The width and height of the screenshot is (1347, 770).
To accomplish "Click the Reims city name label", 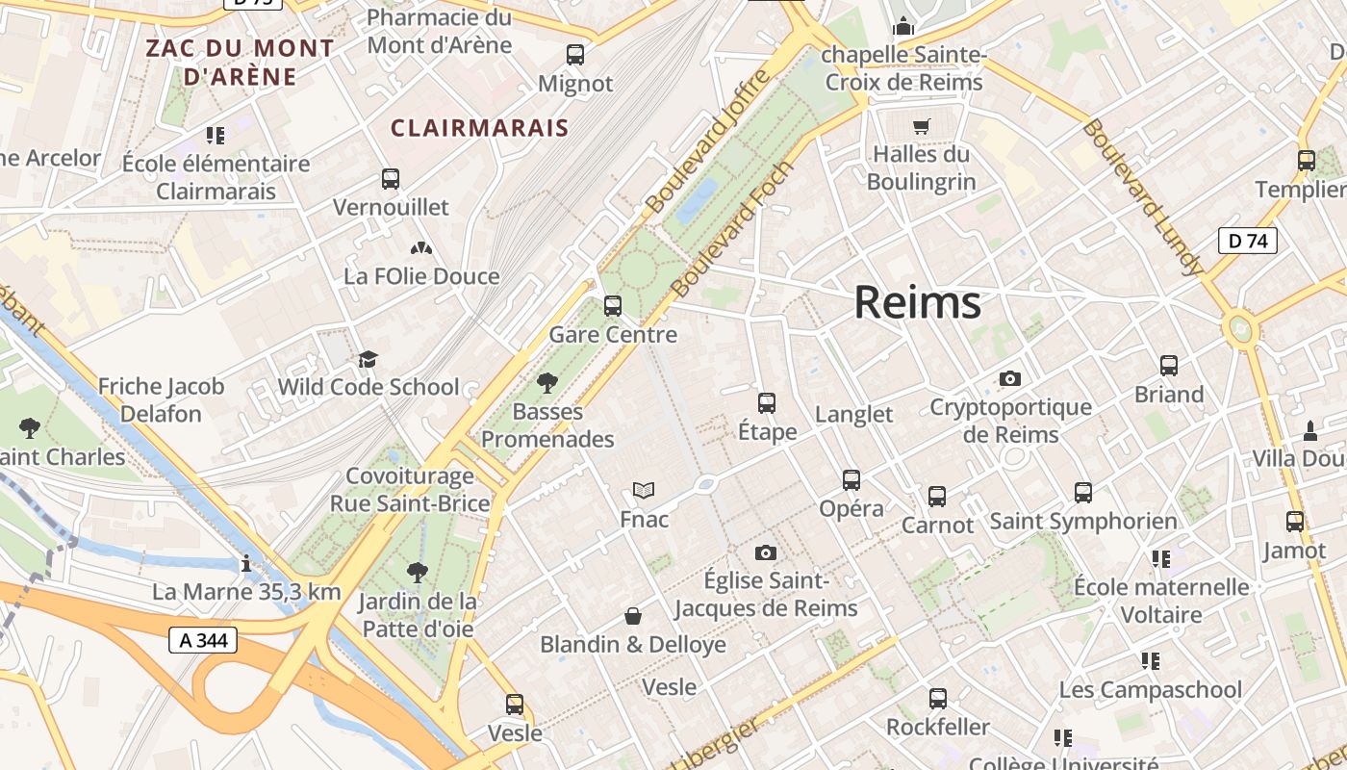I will [x=917, y=302].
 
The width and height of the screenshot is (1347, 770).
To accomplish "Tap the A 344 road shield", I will [x=203, y=640].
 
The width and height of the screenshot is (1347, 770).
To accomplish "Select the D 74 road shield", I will [x=1248, y=241].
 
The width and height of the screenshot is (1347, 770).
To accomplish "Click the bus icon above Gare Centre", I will [x=612, y=306].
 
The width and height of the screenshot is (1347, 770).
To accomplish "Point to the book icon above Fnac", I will [x=644, y=490].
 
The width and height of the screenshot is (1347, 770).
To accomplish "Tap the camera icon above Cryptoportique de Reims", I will [x=1009, y=378].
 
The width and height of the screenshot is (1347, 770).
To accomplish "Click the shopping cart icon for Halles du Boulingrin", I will [x=921, y=125].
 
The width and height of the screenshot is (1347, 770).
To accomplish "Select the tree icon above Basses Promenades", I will [x=547, y=383].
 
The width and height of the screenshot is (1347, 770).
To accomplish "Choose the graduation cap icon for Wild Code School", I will [x=368, y=359].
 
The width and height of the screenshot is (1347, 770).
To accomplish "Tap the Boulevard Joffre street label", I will [x=708, y=141].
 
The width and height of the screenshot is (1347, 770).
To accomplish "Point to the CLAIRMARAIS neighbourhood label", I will [x=479, y=128].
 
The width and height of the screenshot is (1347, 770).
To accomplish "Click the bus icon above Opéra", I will [x=851, y=479].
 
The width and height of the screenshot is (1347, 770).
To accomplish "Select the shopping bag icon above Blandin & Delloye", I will [x=633, y=615].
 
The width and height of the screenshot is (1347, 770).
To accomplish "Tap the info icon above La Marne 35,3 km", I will [x=246, y=563].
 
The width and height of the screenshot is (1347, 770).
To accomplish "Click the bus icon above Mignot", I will [x=575, y=55].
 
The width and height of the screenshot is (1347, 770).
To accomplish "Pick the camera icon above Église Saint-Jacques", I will [x=765, y=552].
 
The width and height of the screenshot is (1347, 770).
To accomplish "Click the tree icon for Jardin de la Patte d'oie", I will [x=417, y=573].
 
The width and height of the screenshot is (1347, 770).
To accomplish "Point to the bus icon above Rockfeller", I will [x=937, y=698].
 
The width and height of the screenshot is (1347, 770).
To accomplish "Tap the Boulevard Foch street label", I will [x=733, y=228].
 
